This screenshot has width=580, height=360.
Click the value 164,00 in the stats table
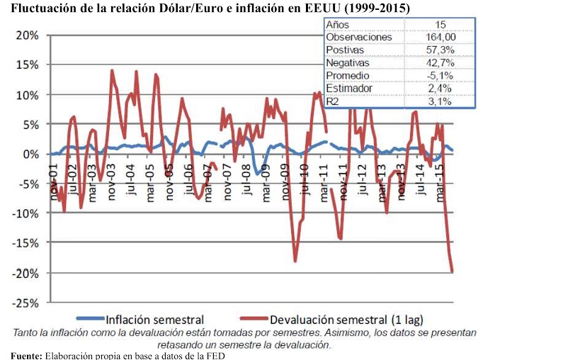(440, 37)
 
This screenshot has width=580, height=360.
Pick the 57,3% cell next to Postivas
(440, 50)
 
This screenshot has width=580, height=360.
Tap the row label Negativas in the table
(348, 62)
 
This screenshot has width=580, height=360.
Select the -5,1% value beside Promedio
(440, 75)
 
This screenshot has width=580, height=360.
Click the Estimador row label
(348, 88)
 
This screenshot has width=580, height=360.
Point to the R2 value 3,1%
(440, 101)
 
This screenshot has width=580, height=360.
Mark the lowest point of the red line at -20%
(452, 271)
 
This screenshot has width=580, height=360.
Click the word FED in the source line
(215, 354)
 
